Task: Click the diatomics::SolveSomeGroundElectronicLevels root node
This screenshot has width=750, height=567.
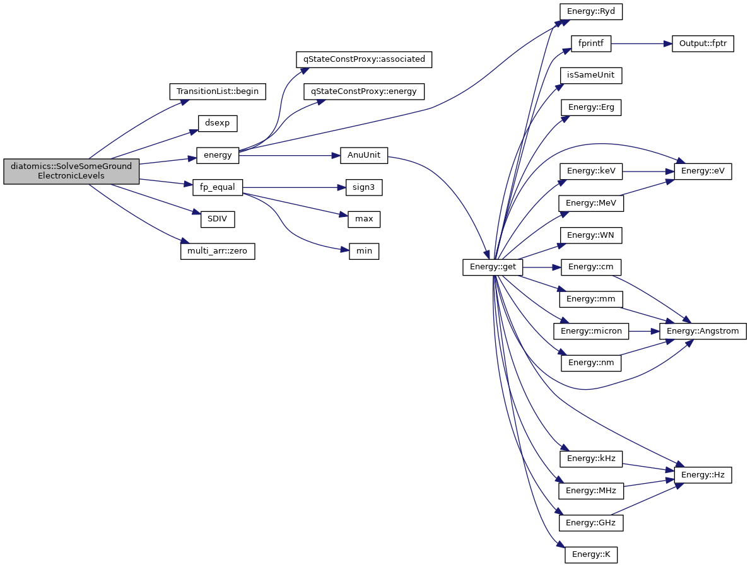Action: click(71, 171)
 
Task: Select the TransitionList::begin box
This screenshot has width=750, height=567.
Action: click(218, 91)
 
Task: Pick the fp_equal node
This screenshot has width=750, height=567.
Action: click(217, 187)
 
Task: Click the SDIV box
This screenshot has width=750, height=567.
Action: click(216, 219)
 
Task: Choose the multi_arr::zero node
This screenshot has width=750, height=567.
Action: click(217, 251)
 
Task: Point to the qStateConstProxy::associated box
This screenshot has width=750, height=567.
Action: click(365, 59)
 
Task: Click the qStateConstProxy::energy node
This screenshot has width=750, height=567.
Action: click(364, 91)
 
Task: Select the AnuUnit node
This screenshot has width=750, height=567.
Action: click(364, 155)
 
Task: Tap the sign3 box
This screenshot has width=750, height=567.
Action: click(364, 187)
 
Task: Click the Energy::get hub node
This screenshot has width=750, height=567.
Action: click(493, 267)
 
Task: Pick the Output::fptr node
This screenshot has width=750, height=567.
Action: click(703, 44)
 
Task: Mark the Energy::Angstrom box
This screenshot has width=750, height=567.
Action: click(703, 330)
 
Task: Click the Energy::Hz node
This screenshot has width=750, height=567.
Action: click(703, 474)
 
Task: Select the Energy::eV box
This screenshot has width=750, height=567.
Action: click(703, 172)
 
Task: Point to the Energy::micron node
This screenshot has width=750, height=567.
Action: click(591, 330)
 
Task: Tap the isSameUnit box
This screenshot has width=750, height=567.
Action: click(591, 76)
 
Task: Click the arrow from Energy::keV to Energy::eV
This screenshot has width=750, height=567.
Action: click(648, 172)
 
